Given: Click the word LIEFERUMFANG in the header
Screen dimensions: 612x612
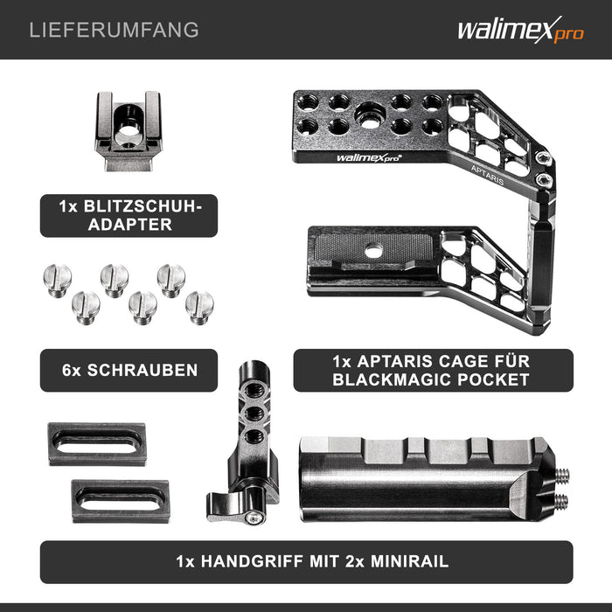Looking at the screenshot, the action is tap(114, 30).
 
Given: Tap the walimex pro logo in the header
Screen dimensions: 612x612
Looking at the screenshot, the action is tap(521, 30).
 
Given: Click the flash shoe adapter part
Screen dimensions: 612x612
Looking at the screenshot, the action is tap(128, 131).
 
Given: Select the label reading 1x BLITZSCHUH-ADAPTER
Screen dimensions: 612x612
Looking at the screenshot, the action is tap(129, 215).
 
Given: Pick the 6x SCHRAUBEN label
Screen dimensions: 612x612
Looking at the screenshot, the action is tap(129, 370).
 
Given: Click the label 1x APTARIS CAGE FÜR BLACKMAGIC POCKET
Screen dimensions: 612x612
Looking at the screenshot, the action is tap(434, 370).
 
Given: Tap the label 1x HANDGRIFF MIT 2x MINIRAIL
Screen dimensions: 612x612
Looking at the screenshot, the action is tap(306, 561).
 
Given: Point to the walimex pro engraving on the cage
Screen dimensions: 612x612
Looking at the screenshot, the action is tap(368, 157).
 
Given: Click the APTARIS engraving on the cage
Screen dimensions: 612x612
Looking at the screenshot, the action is tap(487, 175).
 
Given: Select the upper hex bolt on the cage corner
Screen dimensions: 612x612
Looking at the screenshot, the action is tap(543, 158).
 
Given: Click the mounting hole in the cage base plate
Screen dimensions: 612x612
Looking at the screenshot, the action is tap(373, 250).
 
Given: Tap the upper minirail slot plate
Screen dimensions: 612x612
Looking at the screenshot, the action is tap(97, 444).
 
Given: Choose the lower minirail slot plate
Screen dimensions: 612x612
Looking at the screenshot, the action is tap(121, 502).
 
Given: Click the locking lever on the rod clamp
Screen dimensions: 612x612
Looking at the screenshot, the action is tap(230, 506).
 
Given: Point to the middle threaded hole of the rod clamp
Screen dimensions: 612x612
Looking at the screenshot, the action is tap(255, 414).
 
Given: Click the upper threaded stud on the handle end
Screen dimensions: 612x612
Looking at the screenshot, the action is tap(561, 476).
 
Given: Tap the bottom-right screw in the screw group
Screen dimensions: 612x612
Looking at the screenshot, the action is tap(199, 308).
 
